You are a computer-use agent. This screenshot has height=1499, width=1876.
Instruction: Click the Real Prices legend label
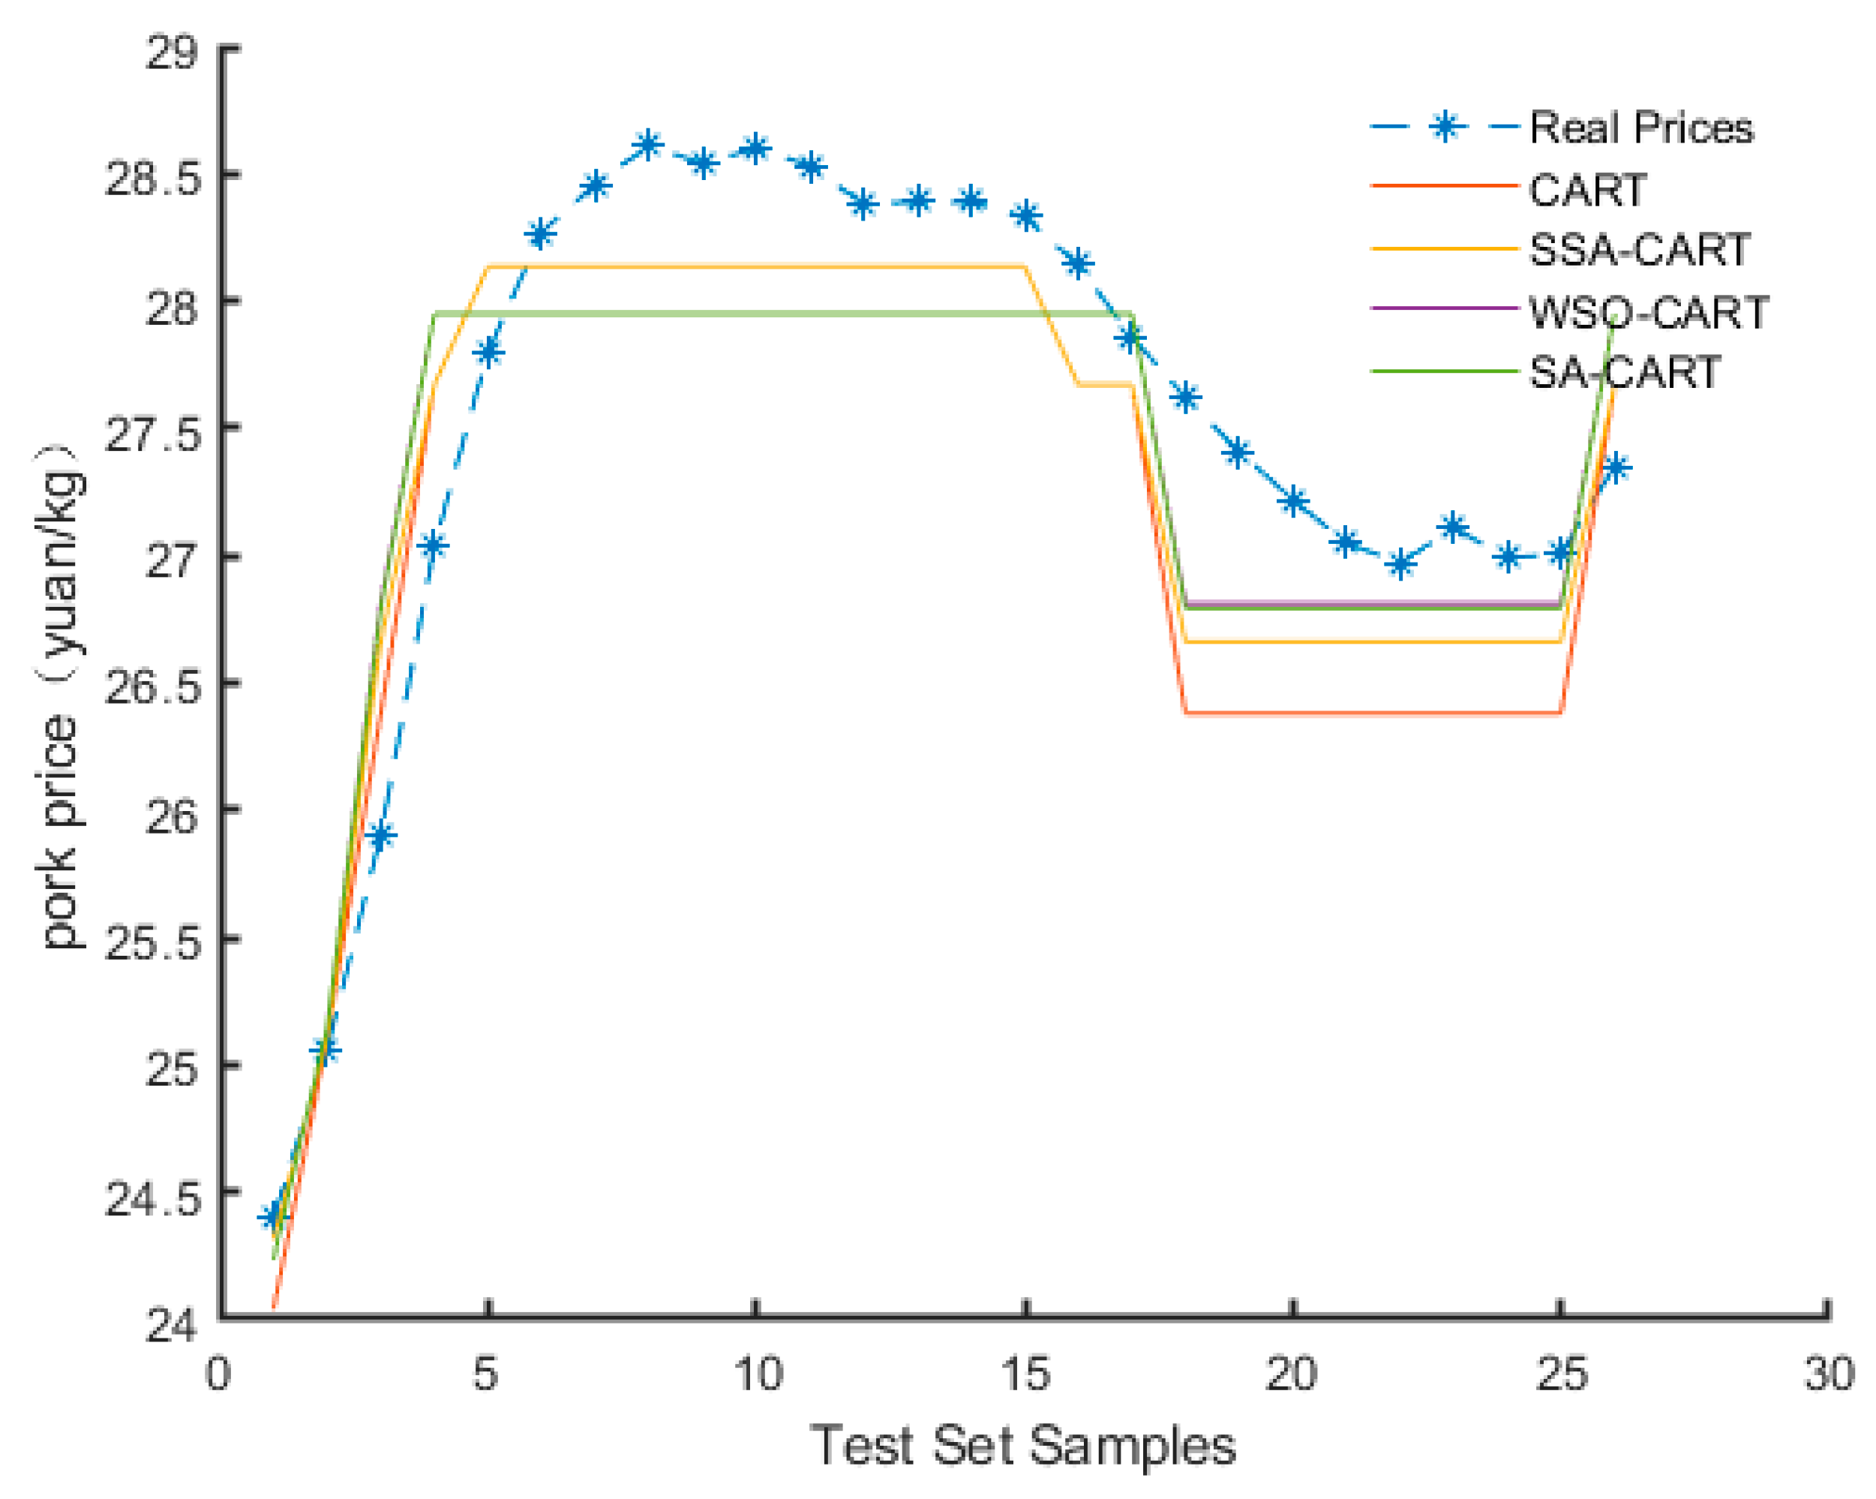click(x=1640, y=128)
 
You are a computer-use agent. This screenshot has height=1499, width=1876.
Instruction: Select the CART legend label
click(x=1587, y=190)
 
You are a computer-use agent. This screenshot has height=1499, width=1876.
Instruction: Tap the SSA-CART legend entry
click(x=1638, y=250)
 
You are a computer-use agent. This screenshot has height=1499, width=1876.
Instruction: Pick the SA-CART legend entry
click(x=1624, y=373)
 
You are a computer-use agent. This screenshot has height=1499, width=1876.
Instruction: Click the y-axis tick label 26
click(x=172, y=816)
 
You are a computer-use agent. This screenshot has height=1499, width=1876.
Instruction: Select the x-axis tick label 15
click(x=1026, y=1374)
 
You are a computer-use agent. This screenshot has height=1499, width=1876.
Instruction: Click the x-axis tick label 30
click(x=1828, y=1374)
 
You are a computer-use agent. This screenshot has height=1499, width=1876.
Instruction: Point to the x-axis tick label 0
click(x=218, y=1374)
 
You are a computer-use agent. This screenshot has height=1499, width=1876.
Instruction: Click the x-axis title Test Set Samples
click(x=1023, y=1445)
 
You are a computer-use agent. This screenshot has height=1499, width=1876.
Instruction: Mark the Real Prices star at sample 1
click(x=274, y=1216)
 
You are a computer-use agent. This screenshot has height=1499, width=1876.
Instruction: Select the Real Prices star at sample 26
click(x=1615, y=468)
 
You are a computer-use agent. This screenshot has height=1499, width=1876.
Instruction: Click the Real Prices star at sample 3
click(x=381, y=835)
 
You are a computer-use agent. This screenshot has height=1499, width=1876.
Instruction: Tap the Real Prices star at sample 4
click(x=434, y=545)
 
